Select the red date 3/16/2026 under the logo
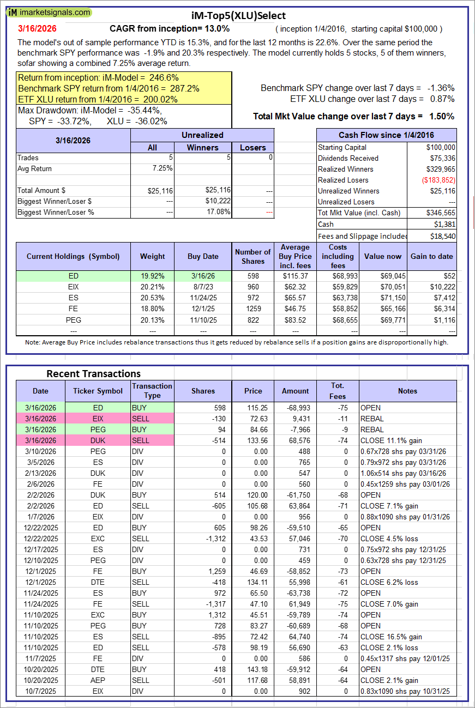tap(37, 28)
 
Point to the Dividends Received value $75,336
tap(440, 158)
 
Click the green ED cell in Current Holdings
tap(74, 276)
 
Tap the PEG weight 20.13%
tap(152, 320)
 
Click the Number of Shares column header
tap(252, 256)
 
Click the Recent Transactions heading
tap(93, 373)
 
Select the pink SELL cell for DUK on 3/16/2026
tap(152, 440)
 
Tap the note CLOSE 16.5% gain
tap(389, 637)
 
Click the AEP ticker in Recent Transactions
tap(98, 680)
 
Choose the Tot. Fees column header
tap(338, 391)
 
